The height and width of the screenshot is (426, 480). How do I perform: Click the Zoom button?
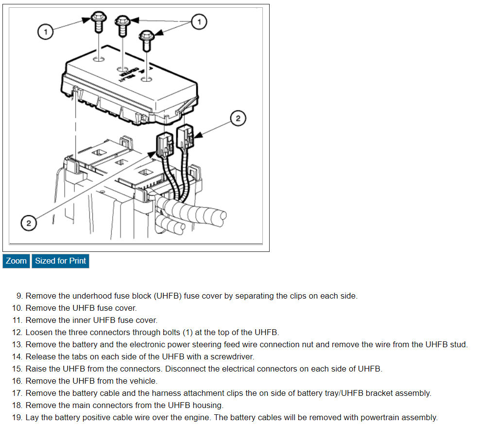point(16,261)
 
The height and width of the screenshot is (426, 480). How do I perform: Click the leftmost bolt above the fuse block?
point(98,22)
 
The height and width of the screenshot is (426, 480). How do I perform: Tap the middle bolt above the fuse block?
point(121,24)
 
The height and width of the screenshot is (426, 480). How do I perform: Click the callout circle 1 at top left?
point(45,32)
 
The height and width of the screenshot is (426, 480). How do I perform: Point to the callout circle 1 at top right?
point(199,21)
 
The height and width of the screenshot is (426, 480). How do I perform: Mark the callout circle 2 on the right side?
point(238,118)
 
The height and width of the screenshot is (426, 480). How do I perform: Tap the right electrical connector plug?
point(185,136)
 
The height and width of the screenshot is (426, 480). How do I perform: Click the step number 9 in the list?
point(19,296)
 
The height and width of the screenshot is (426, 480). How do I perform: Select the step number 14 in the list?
point(17,356)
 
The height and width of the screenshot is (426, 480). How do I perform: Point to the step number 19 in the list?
point(17,417)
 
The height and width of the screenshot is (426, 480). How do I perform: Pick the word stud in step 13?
point(458,344)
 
